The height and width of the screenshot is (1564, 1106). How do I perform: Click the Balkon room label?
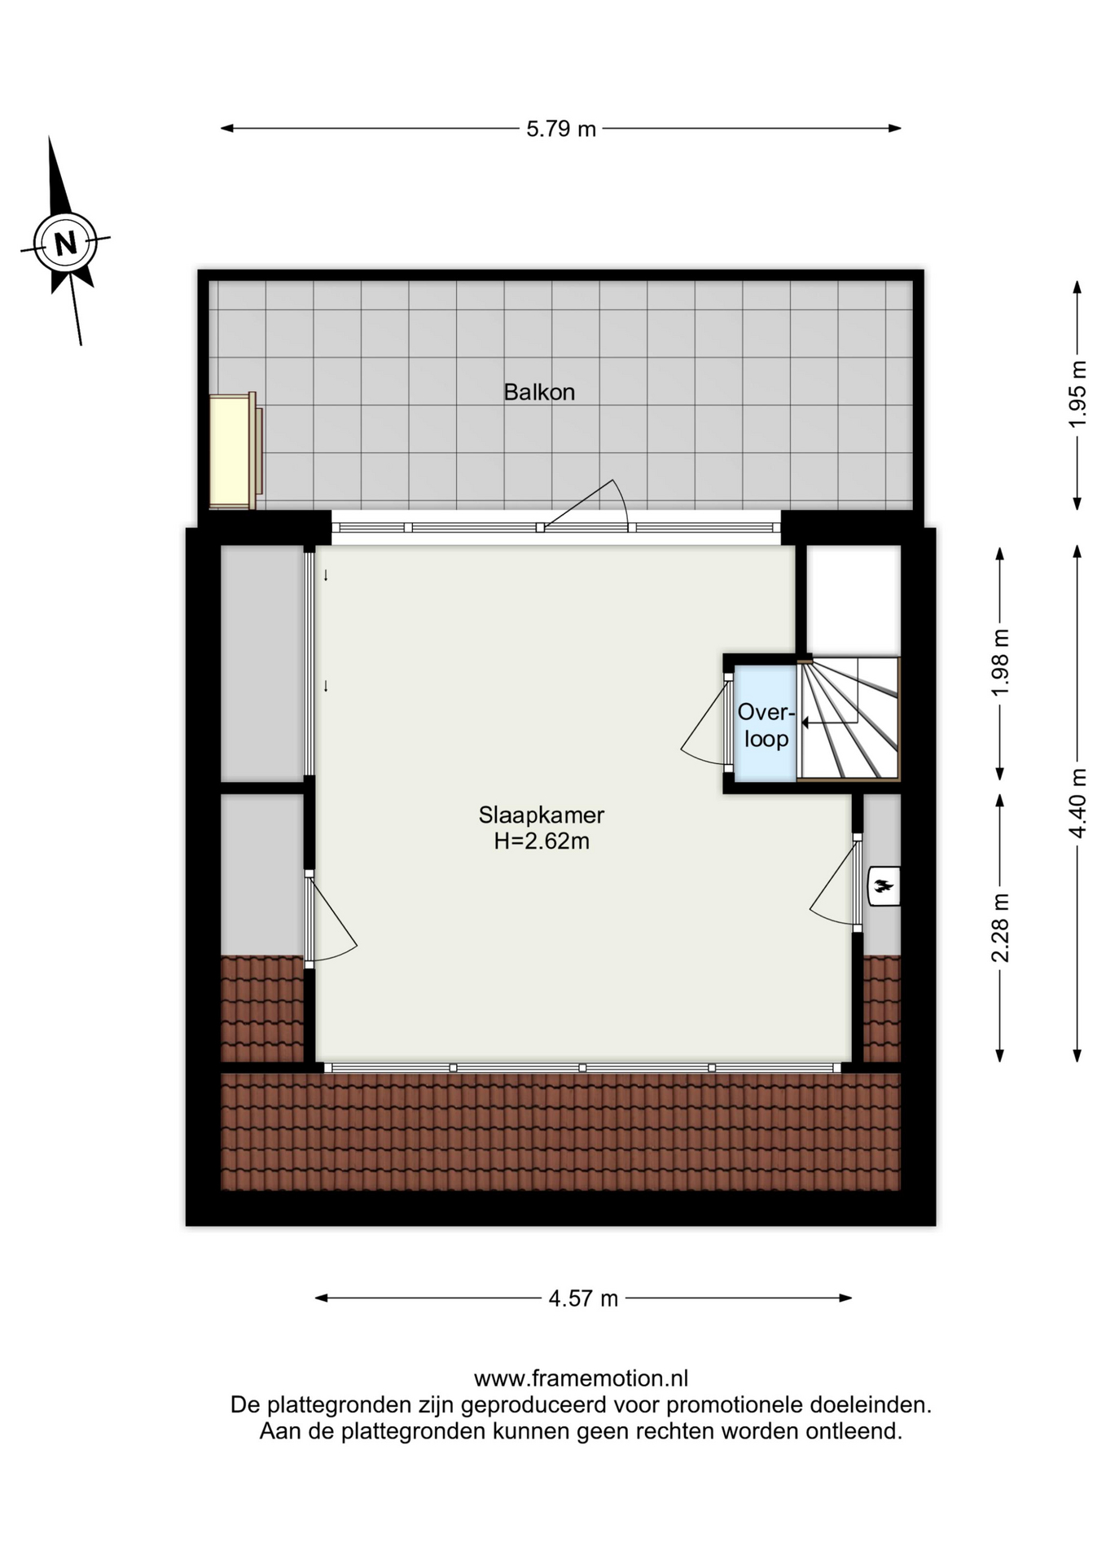539,392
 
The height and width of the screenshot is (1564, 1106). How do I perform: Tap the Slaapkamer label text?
542,815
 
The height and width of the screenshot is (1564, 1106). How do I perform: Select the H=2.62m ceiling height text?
542,841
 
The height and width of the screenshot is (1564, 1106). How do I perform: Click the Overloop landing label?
766,725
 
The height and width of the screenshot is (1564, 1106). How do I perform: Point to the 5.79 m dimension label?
561,129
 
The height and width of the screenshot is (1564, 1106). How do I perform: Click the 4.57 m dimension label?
583,1298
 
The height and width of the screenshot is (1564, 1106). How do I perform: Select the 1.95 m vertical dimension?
1077,394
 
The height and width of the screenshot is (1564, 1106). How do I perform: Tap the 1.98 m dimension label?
1000,662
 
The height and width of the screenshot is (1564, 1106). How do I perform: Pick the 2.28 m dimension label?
1000,928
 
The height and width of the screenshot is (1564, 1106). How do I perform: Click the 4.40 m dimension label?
1077,803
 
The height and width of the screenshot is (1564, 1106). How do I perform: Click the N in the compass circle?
65,243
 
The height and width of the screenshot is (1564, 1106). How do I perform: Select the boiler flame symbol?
883,886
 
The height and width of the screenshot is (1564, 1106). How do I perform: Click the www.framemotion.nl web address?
581,1378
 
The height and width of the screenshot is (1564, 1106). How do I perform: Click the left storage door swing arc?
334,920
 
